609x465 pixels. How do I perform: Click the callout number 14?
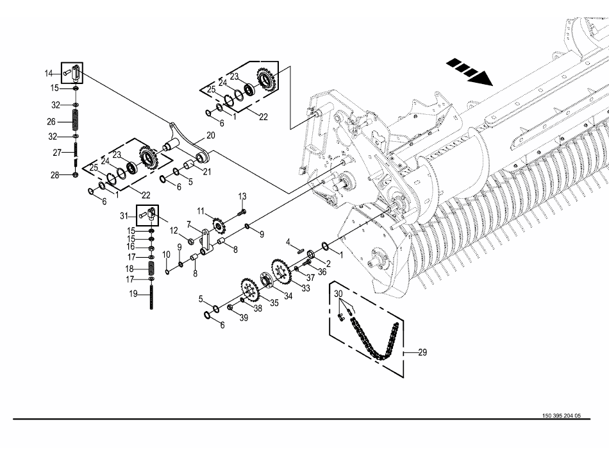coord(49,73)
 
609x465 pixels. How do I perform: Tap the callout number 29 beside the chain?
coord(422,352)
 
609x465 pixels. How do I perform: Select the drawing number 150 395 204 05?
coord(562,416)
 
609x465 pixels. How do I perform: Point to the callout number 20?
coord(210,135)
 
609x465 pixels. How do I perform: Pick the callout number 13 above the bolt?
coord(242,196)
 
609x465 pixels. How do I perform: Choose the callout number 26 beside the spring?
coord(51,122)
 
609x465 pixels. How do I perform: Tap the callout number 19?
coord(133,294)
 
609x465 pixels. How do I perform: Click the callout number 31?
coord(124,216)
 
